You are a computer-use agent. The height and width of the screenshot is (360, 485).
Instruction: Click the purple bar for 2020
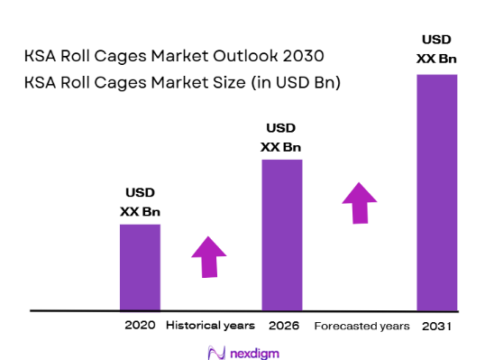140,267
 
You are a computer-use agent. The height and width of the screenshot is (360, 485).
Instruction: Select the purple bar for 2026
281,235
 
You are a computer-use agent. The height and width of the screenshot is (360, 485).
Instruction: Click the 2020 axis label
140,325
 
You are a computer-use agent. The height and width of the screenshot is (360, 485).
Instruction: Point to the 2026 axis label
281,325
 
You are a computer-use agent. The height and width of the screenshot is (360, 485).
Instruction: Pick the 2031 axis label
436,325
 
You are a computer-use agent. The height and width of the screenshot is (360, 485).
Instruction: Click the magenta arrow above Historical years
209,257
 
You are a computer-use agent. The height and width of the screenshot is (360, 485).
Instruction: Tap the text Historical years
210,325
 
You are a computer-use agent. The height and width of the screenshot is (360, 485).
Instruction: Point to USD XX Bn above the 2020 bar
140,202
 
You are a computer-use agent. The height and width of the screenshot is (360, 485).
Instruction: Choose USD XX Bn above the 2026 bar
281,138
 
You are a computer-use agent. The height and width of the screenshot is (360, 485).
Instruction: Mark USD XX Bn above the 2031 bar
436,49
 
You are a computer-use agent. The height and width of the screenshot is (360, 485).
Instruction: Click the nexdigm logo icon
215,350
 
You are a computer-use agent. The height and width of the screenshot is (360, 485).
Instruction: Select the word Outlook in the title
193,55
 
